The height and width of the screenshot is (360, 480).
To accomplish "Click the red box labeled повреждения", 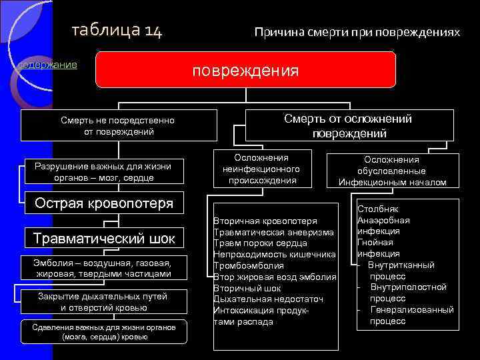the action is point(245,70).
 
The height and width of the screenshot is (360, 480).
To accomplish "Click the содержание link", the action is point(47,65).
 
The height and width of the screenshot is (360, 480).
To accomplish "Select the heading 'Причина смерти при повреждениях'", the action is point(357,32).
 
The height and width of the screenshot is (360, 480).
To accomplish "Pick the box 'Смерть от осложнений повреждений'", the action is point(348,126).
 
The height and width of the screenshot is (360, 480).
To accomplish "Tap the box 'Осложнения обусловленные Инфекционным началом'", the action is point(392,171).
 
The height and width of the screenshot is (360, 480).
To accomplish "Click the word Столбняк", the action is point(378,209).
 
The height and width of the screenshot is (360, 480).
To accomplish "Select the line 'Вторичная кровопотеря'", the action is point(265,220).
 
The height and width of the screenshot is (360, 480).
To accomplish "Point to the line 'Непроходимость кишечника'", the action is point(274,254).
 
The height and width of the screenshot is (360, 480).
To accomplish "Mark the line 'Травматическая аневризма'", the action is point(274,231).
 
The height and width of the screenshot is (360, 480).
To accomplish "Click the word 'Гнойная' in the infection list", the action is point(375,243).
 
